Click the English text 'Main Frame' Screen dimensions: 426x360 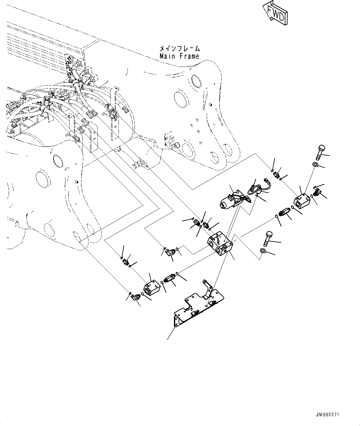[179, 56]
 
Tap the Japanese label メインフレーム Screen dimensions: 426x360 [180, 49]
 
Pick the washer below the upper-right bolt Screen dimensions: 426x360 [315, 165]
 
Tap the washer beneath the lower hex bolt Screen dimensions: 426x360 [263, 251]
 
